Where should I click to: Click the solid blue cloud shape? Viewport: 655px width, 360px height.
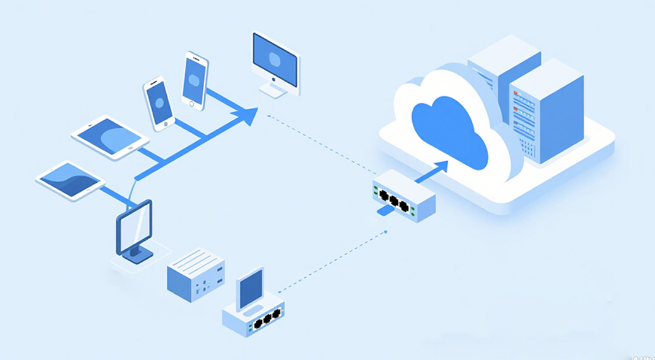[x=451, y=132]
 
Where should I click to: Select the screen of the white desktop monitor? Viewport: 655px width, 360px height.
[x=275, y=59]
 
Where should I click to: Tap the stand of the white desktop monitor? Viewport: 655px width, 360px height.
[x=274, y=90]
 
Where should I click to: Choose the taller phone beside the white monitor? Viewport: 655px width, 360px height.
[x=195, y=81]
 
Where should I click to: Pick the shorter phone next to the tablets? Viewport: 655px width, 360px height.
[x=159, y=102]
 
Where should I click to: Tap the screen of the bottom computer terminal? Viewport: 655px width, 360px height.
[x=250, y=288]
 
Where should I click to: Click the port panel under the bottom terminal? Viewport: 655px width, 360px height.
[x=264, y=320]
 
